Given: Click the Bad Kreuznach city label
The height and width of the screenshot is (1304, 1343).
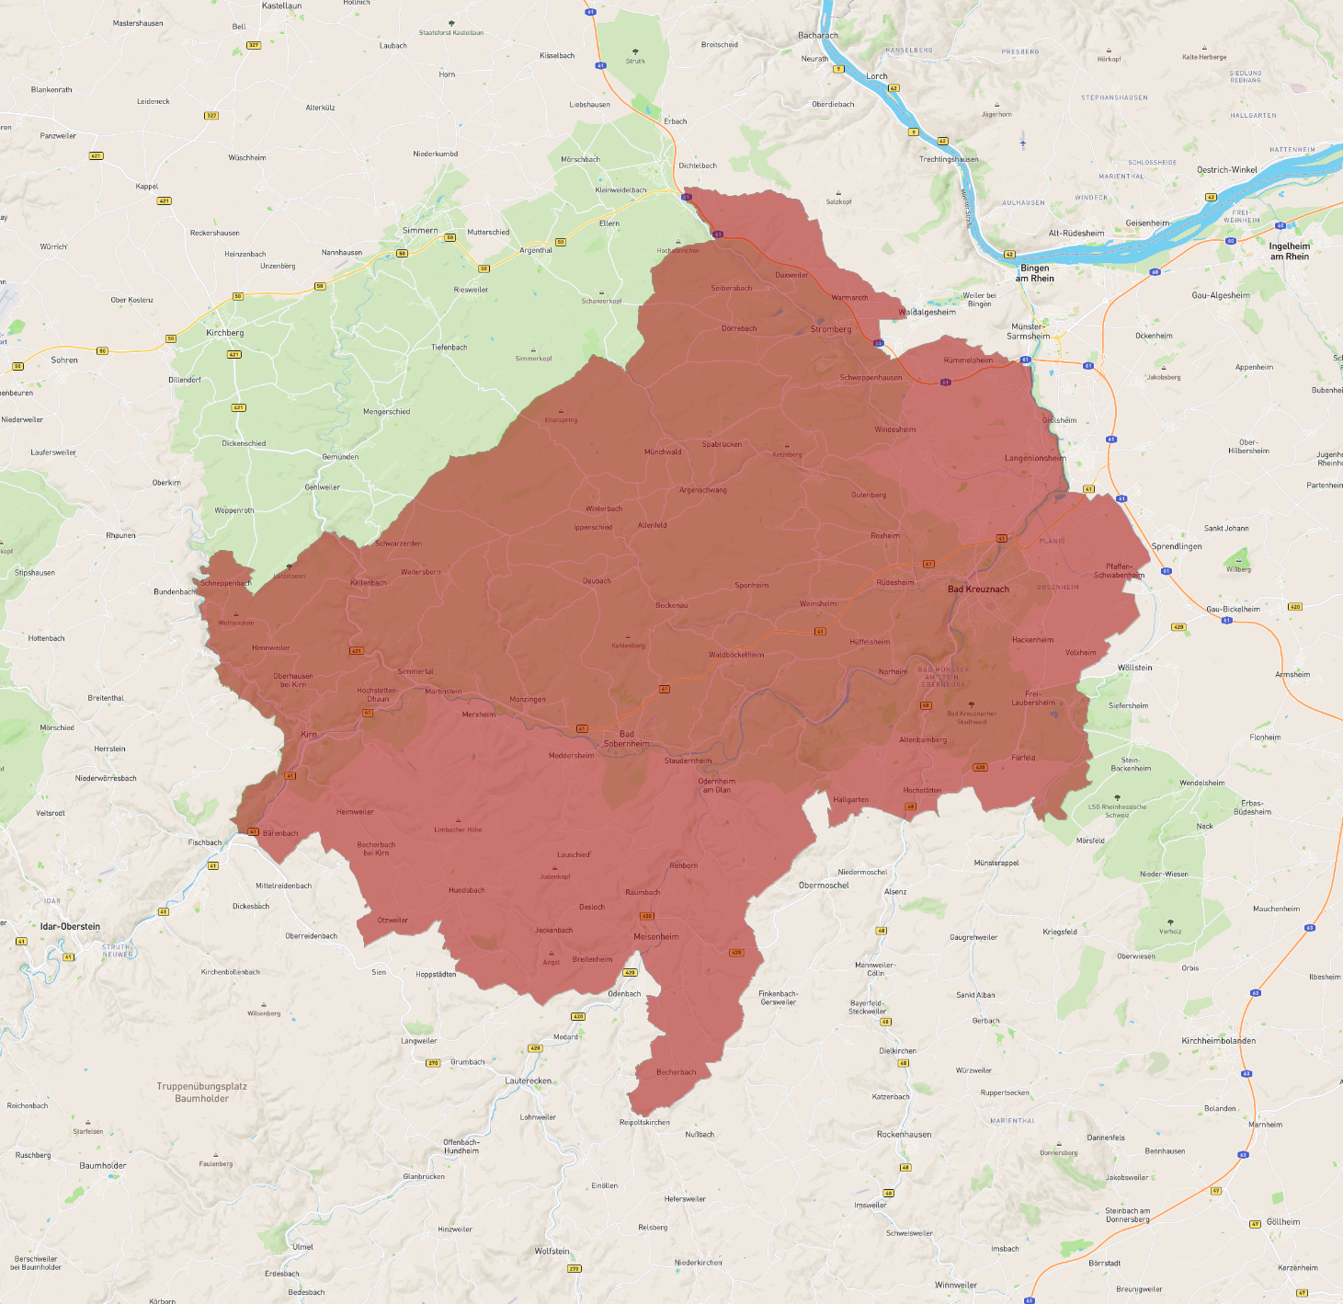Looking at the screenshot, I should point(978,589).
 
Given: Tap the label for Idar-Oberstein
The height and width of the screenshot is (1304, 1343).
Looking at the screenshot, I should point(70,926).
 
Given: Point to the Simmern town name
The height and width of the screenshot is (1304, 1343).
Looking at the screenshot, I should point(420,231).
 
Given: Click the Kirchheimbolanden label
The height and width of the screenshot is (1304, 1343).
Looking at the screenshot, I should point(1218,1041).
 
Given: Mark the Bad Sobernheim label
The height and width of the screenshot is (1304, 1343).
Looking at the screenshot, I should point(626,738).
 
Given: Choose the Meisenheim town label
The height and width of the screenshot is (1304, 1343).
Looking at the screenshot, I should point(655,937).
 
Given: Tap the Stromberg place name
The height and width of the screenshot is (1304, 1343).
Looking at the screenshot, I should point(831,329).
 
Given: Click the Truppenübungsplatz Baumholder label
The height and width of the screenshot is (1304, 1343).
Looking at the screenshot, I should point(201,1092).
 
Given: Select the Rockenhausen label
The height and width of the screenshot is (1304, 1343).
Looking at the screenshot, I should point(904,1135).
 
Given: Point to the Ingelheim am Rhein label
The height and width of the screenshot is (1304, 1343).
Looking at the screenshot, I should point(1289,251).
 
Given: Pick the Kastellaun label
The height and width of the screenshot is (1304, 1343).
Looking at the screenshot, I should point(281,6).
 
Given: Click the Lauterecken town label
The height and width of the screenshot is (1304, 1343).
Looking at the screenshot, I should point(528,1081).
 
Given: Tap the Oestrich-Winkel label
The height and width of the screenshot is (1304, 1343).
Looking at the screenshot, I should point(1226,170).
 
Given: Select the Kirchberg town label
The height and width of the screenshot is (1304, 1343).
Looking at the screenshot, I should point(224,333).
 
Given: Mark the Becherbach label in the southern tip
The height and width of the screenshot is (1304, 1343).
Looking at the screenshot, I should point(676,1072).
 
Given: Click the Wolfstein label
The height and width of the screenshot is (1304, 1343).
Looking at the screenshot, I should point(552,1252).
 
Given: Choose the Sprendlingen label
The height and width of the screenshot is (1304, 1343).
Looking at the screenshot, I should point(1177,546).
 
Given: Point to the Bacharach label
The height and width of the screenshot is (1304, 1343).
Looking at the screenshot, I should point(817,36).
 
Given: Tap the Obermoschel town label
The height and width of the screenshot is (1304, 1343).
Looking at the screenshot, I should point(824,886).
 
